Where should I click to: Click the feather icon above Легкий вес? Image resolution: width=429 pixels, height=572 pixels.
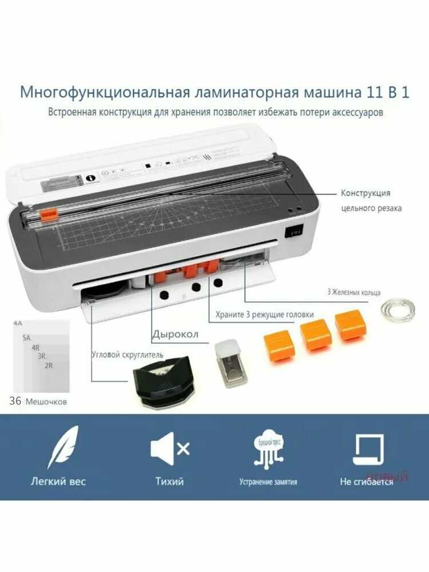63,447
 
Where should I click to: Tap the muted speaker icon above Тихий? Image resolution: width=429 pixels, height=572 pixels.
169,448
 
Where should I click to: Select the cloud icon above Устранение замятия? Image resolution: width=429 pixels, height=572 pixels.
269,448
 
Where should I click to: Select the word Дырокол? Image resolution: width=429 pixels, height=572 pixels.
175,335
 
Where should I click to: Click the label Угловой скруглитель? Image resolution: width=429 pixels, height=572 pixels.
127,355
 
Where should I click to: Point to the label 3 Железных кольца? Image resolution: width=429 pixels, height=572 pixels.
353,292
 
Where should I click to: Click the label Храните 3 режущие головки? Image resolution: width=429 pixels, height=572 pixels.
264,314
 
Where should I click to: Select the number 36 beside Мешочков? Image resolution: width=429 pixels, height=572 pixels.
15,401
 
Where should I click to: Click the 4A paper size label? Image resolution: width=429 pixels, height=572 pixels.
18,324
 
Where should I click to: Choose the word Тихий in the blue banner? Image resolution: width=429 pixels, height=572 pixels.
169,481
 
